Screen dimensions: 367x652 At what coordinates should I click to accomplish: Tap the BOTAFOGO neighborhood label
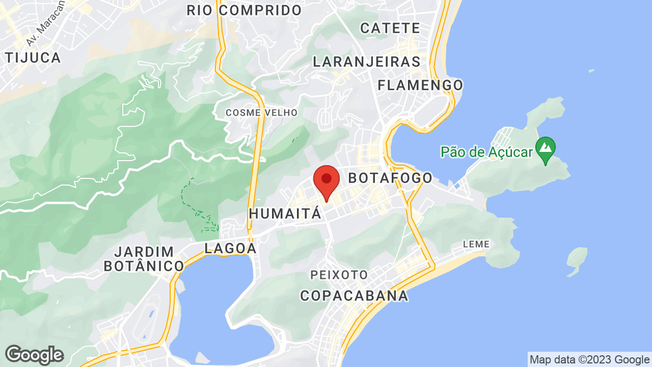390,178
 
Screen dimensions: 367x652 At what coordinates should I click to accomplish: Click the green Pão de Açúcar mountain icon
546,149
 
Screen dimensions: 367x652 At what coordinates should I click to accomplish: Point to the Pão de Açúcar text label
486,151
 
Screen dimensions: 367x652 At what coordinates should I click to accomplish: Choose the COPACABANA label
354,296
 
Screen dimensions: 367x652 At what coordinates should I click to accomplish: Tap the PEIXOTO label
339,275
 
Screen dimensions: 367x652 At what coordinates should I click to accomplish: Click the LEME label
476,245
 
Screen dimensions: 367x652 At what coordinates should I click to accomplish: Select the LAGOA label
230,248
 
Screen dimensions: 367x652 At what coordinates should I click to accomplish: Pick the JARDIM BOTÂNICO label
144,259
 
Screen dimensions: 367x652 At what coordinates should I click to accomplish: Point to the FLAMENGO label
420,85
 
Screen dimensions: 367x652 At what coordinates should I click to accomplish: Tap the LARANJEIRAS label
367,62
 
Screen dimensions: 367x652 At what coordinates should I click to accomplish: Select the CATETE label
390,28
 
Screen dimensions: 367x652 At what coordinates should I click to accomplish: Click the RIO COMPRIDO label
244,10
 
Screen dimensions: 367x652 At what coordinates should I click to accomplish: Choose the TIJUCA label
34,58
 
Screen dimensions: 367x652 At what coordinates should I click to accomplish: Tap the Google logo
34,355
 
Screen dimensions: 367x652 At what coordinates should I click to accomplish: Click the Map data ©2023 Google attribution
589,360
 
